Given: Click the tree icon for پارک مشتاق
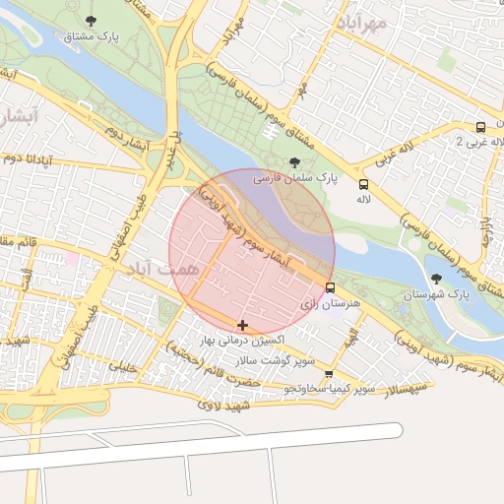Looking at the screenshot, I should [91, 21].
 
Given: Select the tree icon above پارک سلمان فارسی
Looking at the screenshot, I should [295, 163].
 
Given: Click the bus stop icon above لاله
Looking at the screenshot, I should [363, 183].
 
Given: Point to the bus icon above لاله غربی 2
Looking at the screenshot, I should [480, 127].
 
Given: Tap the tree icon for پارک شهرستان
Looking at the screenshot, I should [436, 279].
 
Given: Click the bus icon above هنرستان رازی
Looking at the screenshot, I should [330, 288].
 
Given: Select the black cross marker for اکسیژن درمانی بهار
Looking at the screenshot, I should [242, 325].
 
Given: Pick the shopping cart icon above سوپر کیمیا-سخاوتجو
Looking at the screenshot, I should [328, 374].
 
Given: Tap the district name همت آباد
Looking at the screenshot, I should [163, 268].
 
